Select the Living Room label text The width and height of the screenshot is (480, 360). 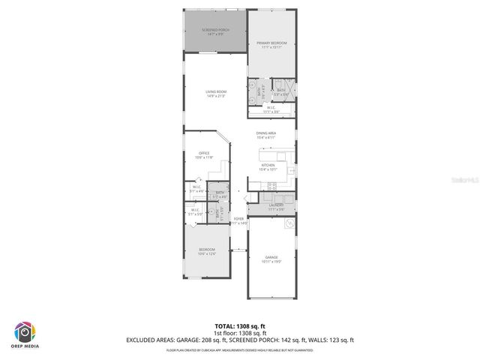(216, 91)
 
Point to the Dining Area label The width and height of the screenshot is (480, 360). (266, 133)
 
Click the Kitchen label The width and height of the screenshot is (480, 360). (268, 165)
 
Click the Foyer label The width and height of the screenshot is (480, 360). (238, 218)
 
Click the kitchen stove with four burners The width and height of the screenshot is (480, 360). (272, 185)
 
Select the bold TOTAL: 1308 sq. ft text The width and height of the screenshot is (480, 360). (240, 325)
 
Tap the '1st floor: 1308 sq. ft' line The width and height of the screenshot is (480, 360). (240, 332)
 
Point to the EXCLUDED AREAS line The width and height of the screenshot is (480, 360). (240, 340)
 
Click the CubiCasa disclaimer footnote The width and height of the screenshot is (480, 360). (240, 349)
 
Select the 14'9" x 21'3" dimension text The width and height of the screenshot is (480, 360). (216, 96)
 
